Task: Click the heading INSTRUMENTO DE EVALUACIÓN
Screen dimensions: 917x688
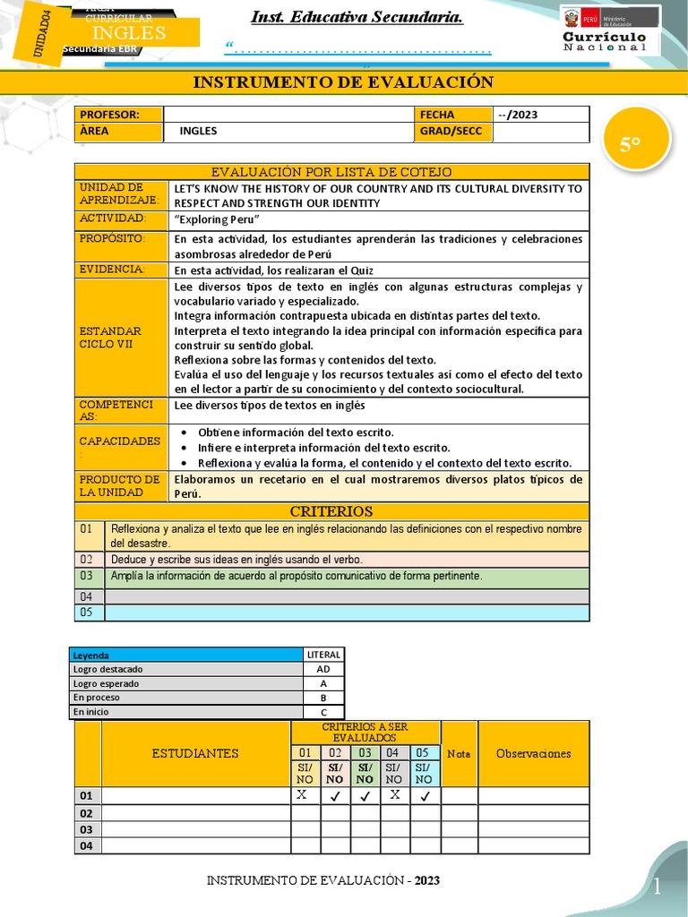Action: tap(343, 82)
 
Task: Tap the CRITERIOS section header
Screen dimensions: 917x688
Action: tap(331, 511)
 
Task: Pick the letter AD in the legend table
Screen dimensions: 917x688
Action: tap(322, 669)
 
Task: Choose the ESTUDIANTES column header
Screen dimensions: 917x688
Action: tap(195, 753)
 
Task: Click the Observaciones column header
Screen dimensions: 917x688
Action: tap(533, 753)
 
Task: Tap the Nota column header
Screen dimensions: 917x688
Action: tap(459, 753)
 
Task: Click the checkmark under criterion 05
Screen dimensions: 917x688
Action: tap(425, 795)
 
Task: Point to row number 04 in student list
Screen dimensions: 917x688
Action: tap(87, 845)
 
